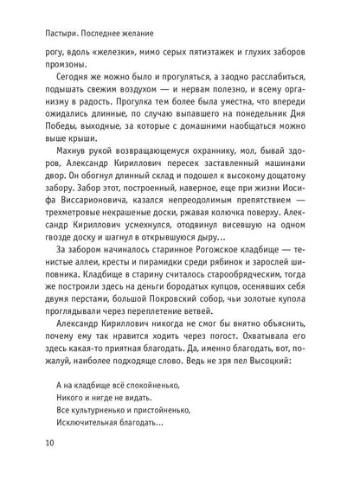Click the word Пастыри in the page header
pyautogui.click(x=53, y=35)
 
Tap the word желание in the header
pyautogui.click(x=139, y=35)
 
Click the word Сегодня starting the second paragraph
pyautogui.click(x=63, y=87)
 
